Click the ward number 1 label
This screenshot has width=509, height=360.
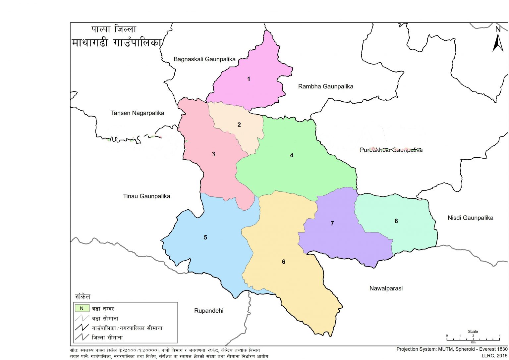coord(249,79)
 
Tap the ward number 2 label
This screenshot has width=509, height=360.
coord(239,125)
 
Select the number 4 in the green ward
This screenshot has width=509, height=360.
coord(292,155)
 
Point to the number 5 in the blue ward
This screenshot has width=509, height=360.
coord(205,237)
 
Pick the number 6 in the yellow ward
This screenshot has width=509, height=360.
coord(284,262)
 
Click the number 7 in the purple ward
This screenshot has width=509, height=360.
coord(332,224)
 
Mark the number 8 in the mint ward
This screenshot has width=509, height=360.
coord(396,221)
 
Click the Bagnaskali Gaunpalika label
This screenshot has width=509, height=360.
coord(204,59)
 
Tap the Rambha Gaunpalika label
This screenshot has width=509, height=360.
coord(325,86)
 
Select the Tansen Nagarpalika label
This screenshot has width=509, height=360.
coord(138,113)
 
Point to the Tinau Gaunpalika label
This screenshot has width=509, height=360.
coord(146,196)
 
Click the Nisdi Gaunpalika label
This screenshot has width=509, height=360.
coord(470,218)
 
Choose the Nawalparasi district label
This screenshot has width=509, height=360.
coord(386,288)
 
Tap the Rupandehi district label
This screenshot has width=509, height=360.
coord(209,311)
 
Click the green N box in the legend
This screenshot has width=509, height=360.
coord(82,308)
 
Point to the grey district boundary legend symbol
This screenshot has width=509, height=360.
coord(82,338)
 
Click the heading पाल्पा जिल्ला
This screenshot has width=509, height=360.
coord(114,29)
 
